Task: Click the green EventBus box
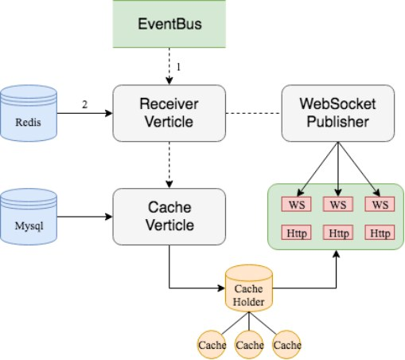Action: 169,24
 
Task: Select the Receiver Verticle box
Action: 169,113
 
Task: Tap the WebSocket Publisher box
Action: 338,113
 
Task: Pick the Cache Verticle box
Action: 169,217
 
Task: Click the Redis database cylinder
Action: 29,113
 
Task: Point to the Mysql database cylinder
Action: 29,217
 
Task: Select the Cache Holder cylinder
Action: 249,288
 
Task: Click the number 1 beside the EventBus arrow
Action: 178,67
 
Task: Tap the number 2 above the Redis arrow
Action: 84,104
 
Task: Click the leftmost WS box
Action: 296,204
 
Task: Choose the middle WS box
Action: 338,204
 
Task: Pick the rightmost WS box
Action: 380,204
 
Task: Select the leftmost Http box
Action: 296,233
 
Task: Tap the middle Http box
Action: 338,233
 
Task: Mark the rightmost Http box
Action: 380,233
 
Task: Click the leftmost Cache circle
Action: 212,345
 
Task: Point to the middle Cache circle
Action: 249,345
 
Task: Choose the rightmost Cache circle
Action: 286,345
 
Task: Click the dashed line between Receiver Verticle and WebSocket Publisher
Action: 254,113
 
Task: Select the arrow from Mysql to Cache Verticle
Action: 84,217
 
